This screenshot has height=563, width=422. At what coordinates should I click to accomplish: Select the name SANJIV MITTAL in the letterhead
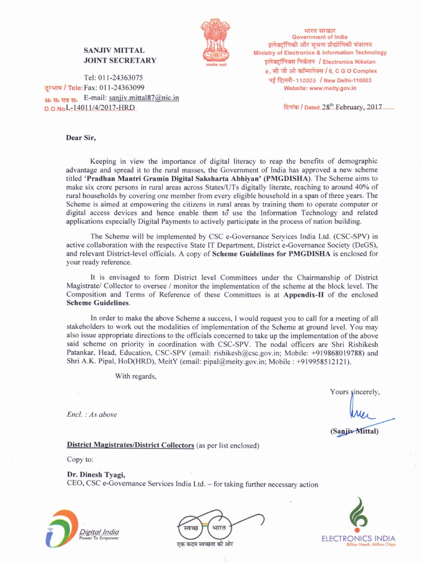(114, 50)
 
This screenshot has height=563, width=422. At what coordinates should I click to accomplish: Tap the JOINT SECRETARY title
(119, 60)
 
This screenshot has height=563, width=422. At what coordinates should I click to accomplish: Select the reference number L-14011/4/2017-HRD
(100, 107)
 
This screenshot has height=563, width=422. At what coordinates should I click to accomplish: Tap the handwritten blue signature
(363, 412)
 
